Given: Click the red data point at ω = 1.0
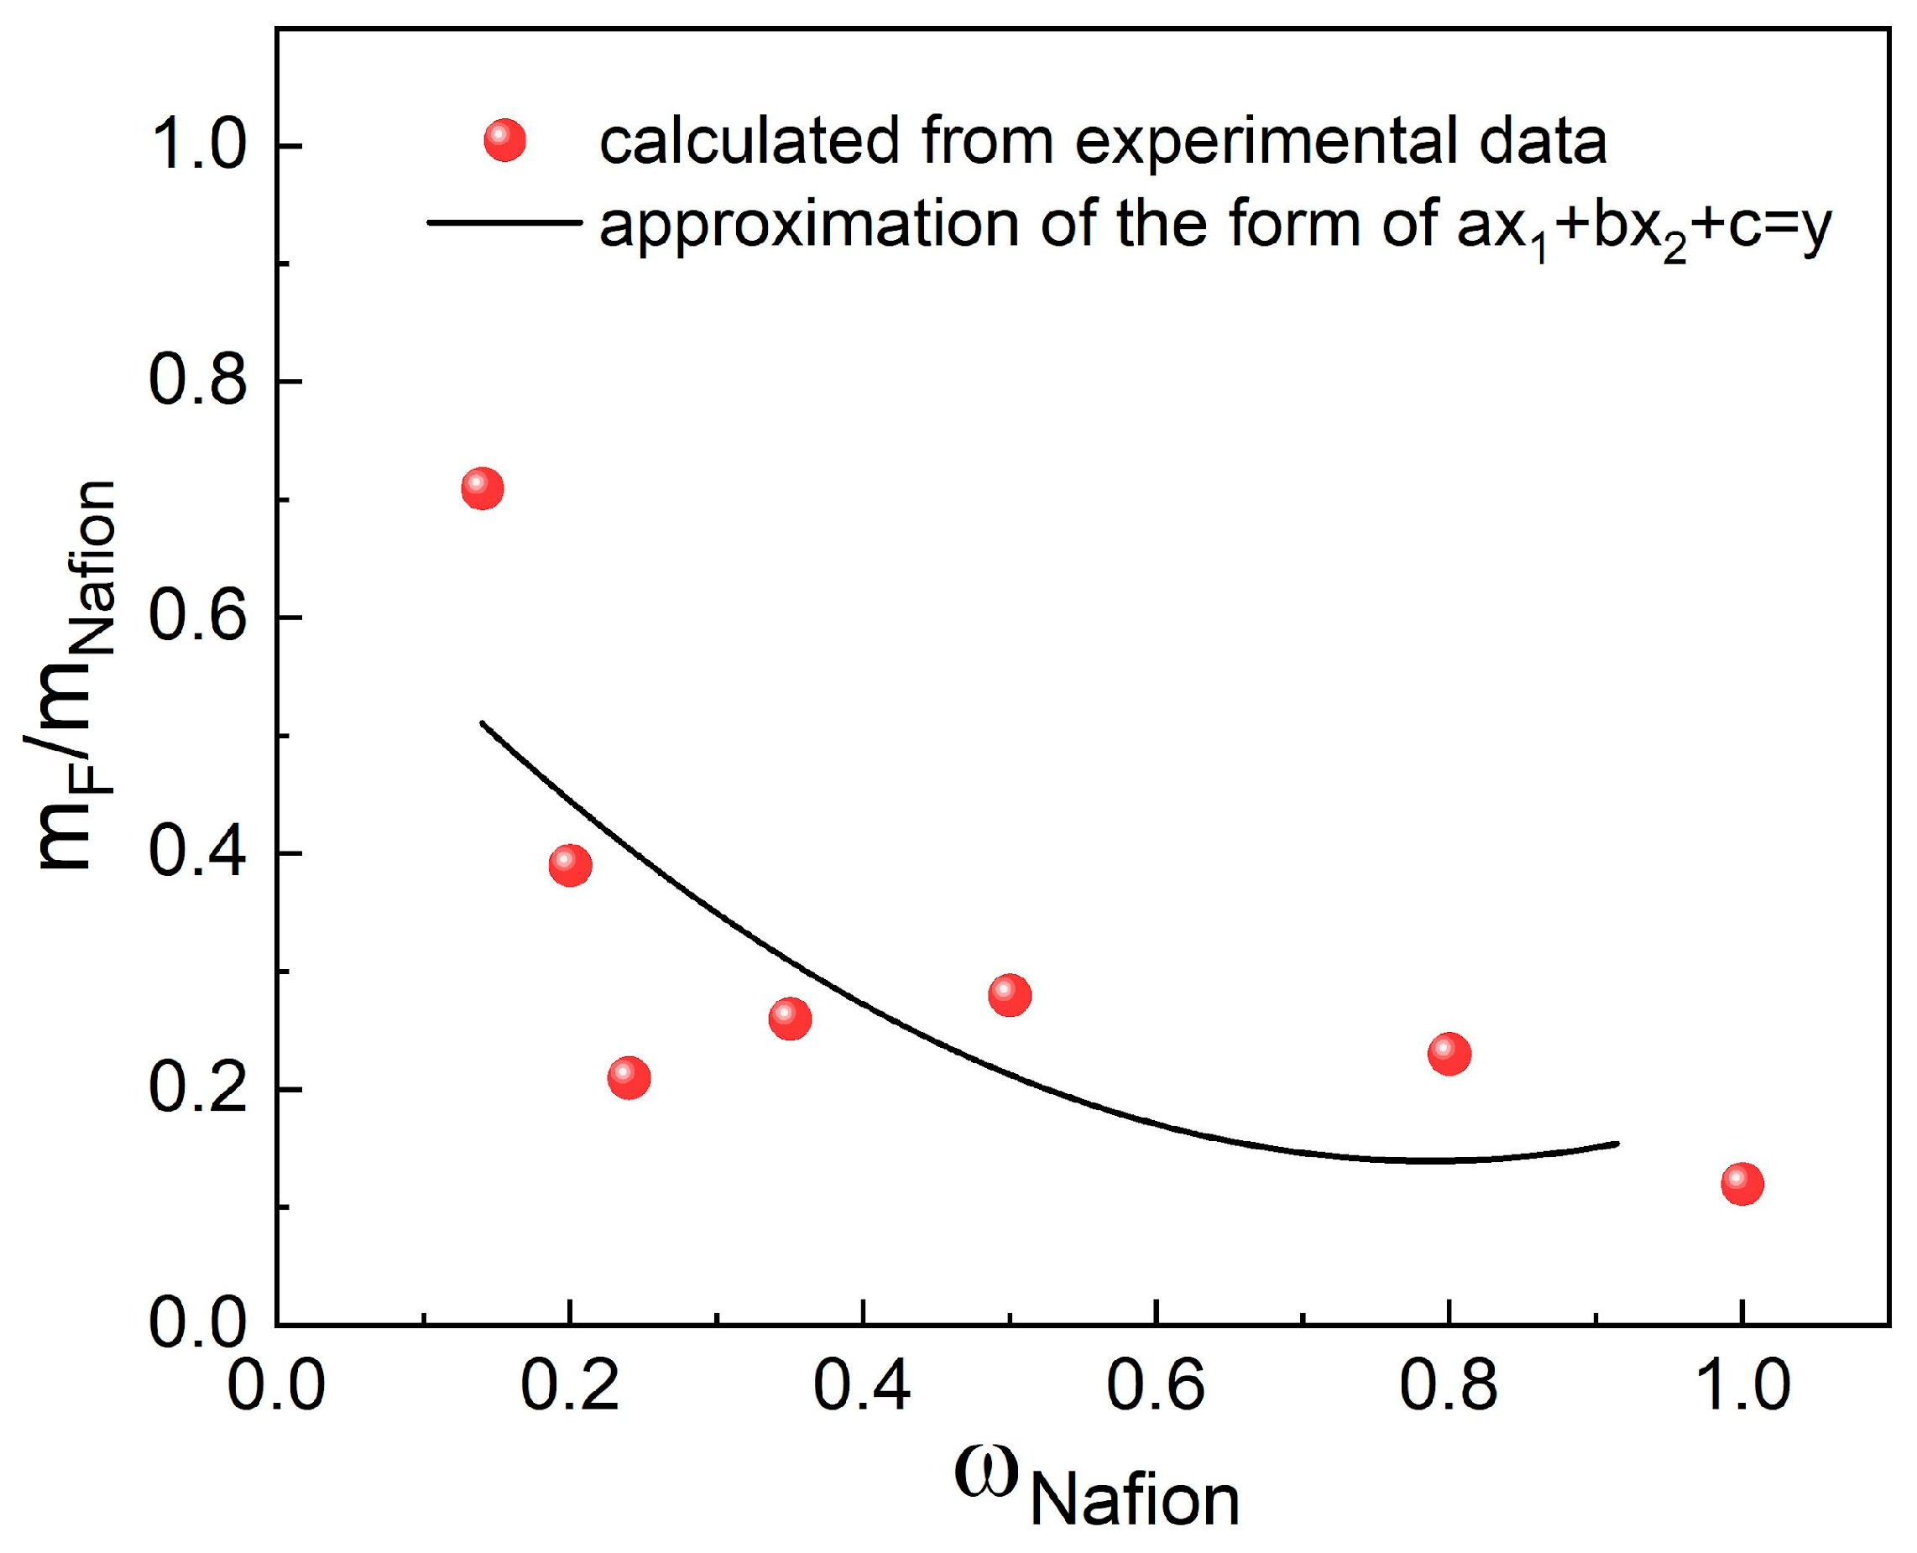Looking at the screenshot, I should pyautogui.click(x=1742, y=1184).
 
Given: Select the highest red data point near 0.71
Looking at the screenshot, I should pyautogui.click(x=483, y=488).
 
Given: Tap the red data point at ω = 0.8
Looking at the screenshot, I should pyautogui.click(x=1449, y=1053).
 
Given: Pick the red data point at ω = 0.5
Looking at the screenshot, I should pyautogui.click(x=1010, y=995).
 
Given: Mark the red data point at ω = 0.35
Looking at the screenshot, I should pyautogui.click(x=789, y=1018).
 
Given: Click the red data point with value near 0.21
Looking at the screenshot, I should pyautogui.click(x=629, y=1077).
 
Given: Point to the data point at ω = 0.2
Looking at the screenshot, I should pyautogui.click(x=570, y=864).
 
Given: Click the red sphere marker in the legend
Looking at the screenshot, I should pyautogui.click(x=504, y=140).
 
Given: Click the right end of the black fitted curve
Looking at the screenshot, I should pyautogui.click(x=1617, y=1144).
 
